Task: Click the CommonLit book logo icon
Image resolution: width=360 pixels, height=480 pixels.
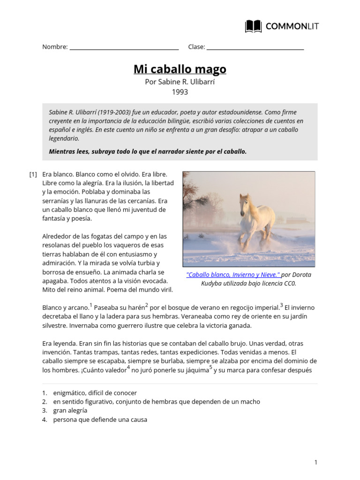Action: point(254,26)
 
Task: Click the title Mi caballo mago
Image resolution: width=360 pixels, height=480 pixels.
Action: point(180,69)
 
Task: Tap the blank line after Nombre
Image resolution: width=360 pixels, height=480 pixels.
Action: point(124,48)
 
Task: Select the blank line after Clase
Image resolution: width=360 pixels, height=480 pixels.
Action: point(255,48)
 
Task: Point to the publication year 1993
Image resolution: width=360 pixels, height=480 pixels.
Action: point(180,92)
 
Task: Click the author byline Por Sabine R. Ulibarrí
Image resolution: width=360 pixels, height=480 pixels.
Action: point(180,82)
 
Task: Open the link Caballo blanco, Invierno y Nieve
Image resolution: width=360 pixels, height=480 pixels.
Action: point(233,275)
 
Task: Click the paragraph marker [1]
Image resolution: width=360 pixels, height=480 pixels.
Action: point(33,174)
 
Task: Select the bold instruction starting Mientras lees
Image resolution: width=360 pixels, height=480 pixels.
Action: point(148,151)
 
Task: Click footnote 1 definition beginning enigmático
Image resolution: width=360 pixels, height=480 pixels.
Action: point(95,393)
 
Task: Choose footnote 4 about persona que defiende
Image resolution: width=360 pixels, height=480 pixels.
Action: point(100,420)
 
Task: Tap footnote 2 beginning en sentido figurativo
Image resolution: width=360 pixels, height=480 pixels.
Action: point(157,402)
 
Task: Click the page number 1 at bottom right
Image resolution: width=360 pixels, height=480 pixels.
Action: point(316,463)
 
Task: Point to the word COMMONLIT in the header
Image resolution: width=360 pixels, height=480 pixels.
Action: point(292,27)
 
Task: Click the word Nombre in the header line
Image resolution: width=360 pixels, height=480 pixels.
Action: point(54,47)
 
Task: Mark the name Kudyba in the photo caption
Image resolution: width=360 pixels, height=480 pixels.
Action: point(214,284)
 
